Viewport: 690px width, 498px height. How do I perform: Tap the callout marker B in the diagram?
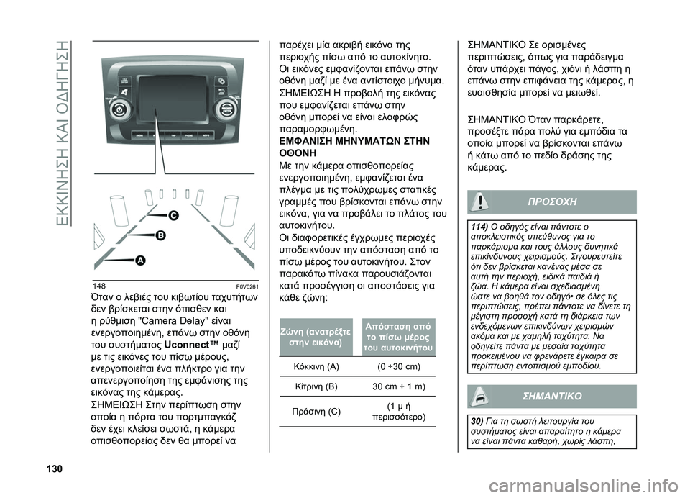[x=160, y=235]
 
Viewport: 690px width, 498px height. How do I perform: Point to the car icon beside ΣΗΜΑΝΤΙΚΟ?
[x=480, y=397]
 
